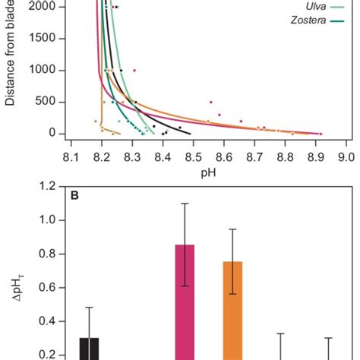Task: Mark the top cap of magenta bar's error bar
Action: pyautogui.click(x=185, y=203)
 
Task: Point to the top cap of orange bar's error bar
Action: pyautogui.click(x=232, y=229)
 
